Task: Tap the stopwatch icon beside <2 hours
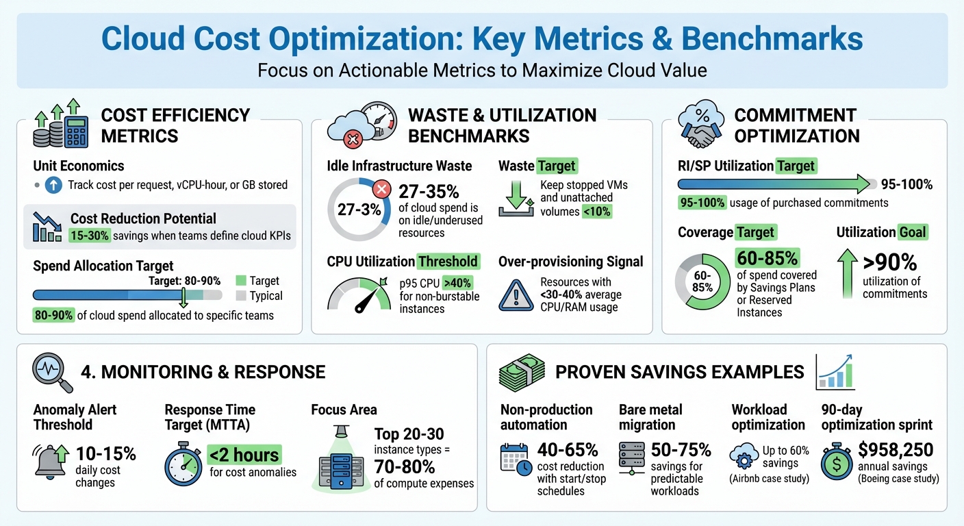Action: click(x=183, y=466)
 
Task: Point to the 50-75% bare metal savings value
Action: click(x=681, y=449)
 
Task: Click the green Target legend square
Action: click(x=240, y=281)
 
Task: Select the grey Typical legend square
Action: click(x=240, y=296)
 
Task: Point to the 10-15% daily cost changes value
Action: click(x=105, y=453)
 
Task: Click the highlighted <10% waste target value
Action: click(x=597, y=212)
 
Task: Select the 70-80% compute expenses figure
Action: click(x=405, y=467)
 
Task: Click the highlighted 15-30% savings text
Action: click(x=85, y=235)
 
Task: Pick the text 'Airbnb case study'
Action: click(x=770, y=478)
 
